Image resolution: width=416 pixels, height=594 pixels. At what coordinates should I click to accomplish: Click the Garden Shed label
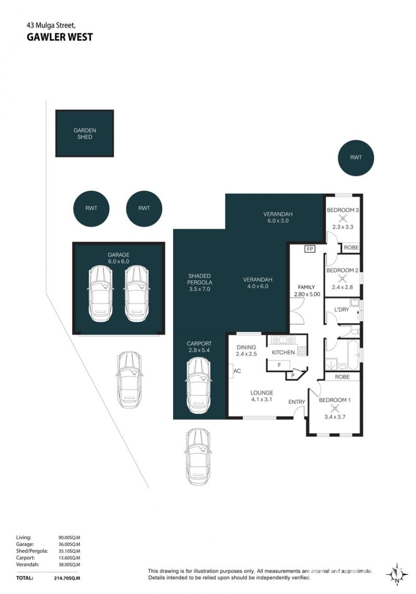pyautogui.click(x=84, y=133)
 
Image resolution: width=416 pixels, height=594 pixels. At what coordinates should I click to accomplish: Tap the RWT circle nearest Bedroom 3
pyautogui.click(x=356, y=158)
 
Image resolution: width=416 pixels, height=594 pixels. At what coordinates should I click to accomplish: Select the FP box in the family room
pyautogui.click(x=310, y=249)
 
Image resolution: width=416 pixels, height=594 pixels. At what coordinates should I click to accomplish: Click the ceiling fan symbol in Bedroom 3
pyautogui.click(x=343, y=219)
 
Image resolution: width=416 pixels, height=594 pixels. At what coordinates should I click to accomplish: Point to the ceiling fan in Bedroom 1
pyautogui.click(x=334, y=408)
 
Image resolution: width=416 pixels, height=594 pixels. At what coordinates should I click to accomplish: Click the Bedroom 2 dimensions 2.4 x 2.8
pyautogui.click(x=342, y=287)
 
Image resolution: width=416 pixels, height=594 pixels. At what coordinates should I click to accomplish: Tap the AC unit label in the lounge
pyautogui.click(x=237, y=371)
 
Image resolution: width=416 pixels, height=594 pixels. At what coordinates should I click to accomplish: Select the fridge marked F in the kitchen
pyautogui.click(x=279, y=365)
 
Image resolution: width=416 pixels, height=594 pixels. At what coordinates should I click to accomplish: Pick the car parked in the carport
pyautogui.click(x=198, y=386)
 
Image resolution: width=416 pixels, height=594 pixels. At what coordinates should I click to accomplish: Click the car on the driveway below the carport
pyautogui.click(x=198, y=456)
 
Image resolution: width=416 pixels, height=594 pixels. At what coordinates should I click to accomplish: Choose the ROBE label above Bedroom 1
pyautogui.click(x=342, y=377)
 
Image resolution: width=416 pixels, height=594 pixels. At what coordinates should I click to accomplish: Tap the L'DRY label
pyautogui.click(x=342, y=310)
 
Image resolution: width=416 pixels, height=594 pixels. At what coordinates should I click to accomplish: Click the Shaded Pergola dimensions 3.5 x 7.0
pyautogui.click(x=199, y=289)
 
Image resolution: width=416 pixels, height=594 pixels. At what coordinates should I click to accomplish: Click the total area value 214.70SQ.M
pyautogui.click(x=67, y=578)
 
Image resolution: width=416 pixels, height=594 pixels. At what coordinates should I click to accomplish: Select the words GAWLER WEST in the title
pyautogui.click(x=59, y=37)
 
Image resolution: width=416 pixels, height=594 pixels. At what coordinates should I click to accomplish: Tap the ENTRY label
pyautogui.click(x=297, y=402)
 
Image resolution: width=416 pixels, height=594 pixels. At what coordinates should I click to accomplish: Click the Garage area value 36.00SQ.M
pyautogui.click(x=69, y=544)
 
